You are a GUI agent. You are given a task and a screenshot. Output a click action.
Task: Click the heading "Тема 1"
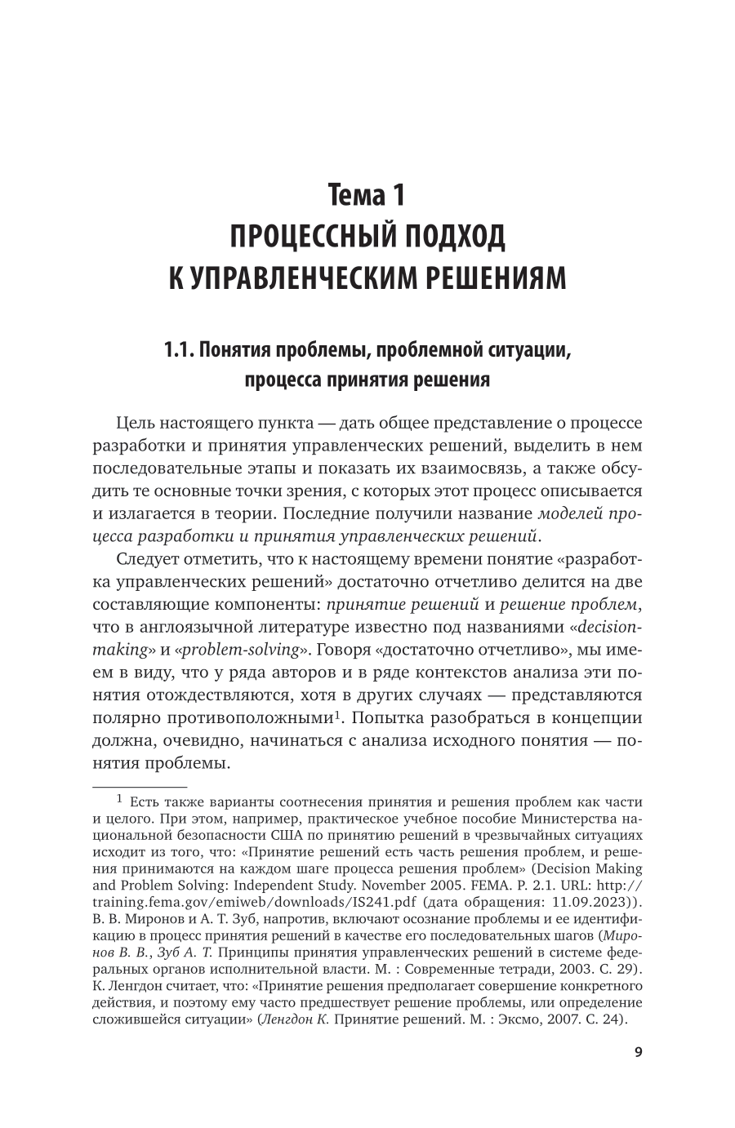[x=367, y=196]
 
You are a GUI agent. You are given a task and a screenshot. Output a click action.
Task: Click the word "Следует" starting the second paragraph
[x=150, y=559]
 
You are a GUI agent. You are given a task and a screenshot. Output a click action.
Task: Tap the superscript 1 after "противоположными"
[x=336, y=714]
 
